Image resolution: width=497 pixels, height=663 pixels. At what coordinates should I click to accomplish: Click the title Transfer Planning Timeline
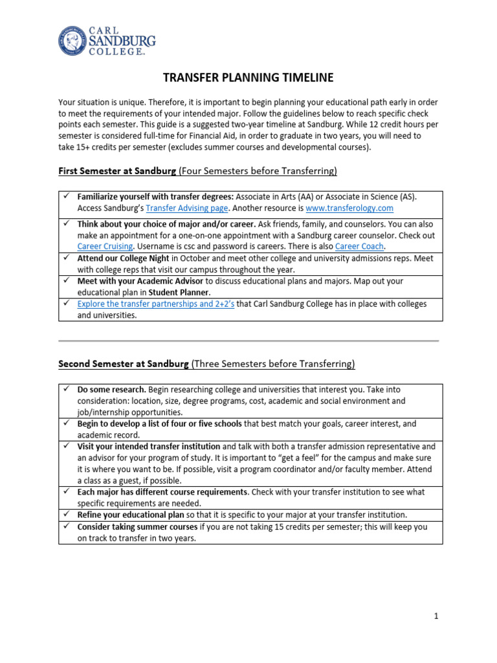[x=248, y=78]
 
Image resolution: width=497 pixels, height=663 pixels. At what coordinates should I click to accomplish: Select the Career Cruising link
[x=105, y=246]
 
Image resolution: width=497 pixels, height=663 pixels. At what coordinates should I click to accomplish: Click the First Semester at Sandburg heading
[x=116, y=172]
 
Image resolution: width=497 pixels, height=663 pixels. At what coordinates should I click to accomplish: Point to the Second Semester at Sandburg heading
[x=123, y=364]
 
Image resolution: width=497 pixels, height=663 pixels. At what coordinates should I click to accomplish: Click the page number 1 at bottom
[x=436, y=617]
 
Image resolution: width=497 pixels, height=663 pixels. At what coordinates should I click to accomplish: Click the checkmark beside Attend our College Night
[x=66, y=258]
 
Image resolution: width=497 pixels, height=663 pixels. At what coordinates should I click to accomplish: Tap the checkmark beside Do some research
[x=66, y=390]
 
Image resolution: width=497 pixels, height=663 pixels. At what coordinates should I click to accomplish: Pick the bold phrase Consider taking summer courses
[x=137, y=526]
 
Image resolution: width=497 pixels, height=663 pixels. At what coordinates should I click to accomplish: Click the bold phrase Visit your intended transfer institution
[x=149, y=446]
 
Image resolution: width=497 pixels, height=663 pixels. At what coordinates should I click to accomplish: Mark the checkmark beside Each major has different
[x=66, y=492]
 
